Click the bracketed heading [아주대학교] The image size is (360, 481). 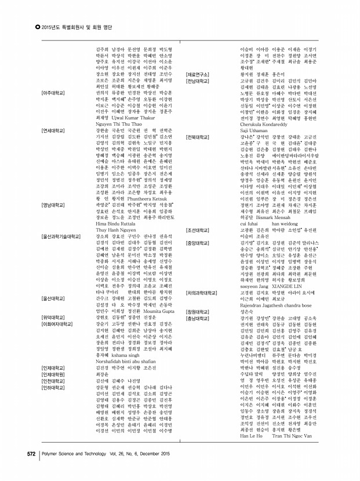click(53, 92)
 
